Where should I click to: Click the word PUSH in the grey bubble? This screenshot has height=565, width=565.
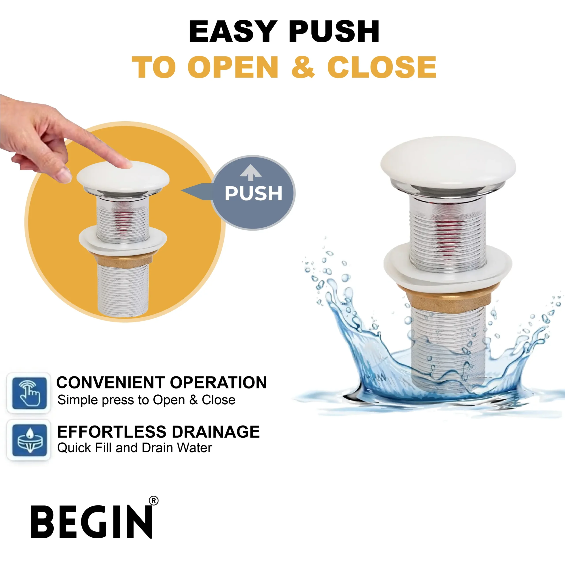253,193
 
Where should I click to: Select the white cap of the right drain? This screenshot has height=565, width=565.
448,162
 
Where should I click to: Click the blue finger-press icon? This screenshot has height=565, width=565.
29,393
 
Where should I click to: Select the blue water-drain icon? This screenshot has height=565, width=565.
29,440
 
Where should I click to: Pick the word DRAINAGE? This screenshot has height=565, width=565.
216,432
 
